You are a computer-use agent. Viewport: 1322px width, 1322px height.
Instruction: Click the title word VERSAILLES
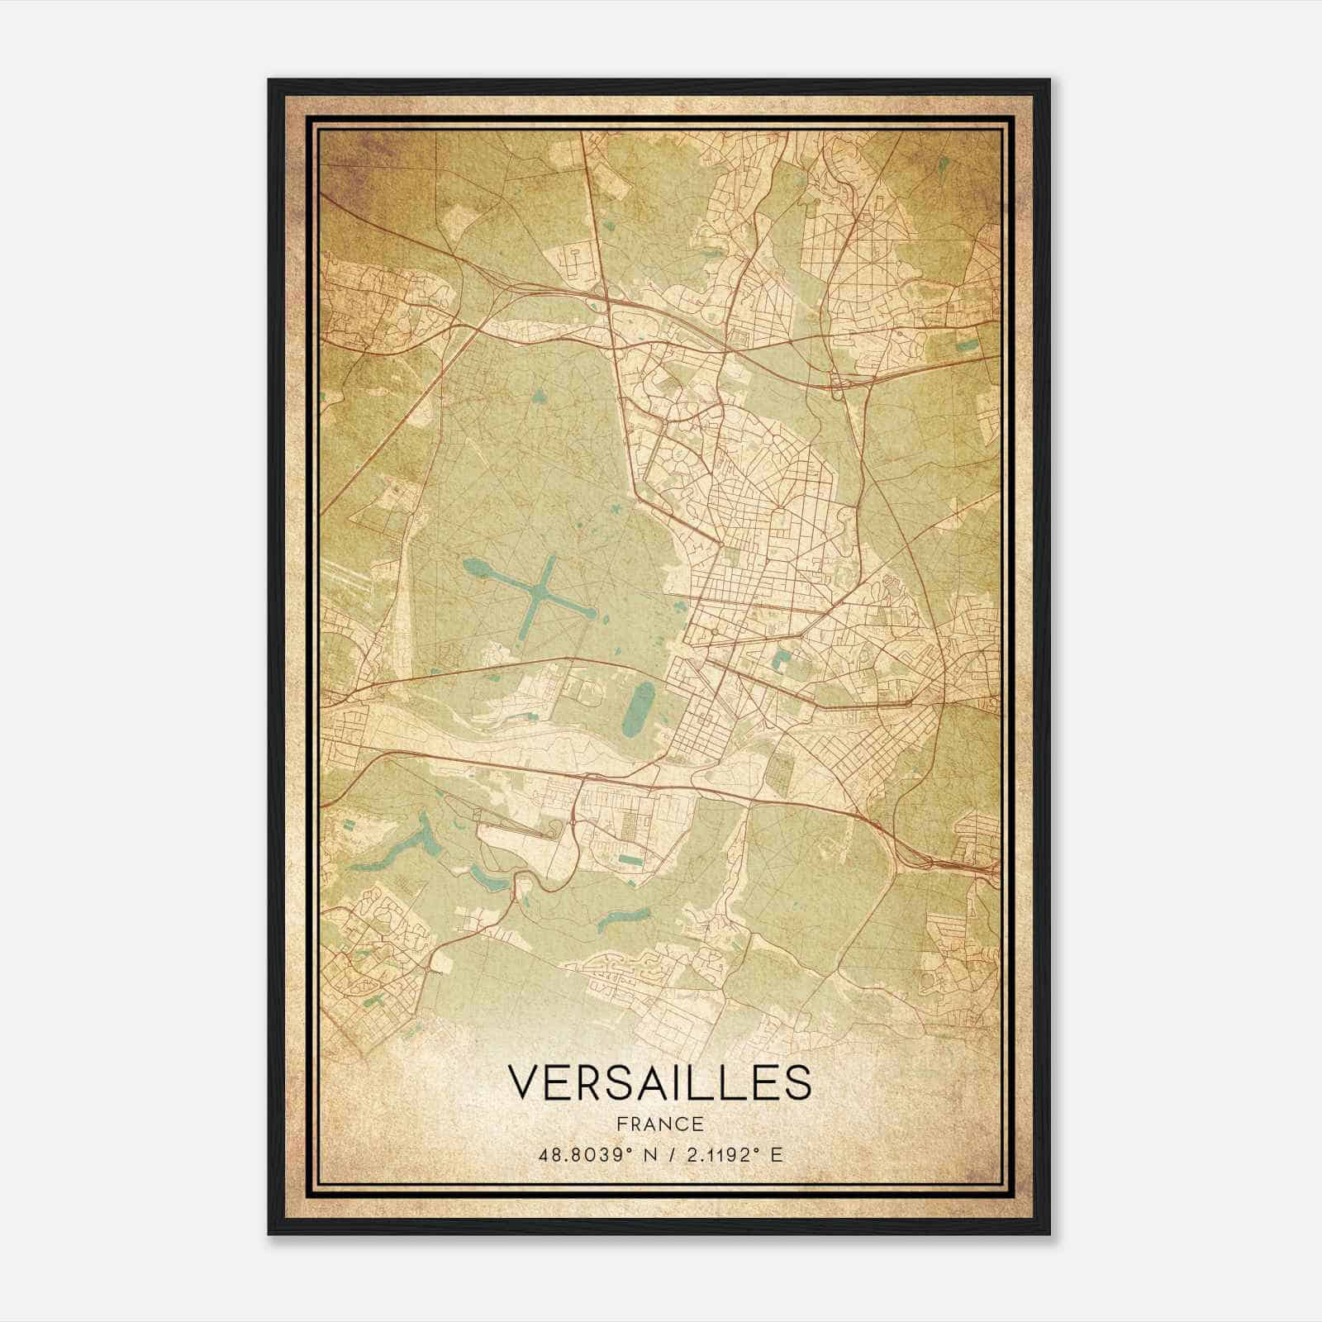[659, 1082]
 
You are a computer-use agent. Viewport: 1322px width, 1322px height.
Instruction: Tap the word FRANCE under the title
[659, 1124]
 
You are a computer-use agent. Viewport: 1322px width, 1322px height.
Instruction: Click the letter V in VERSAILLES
[523, 1082]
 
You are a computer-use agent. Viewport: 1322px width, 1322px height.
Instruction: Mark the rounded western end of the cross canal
[472, 566]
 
